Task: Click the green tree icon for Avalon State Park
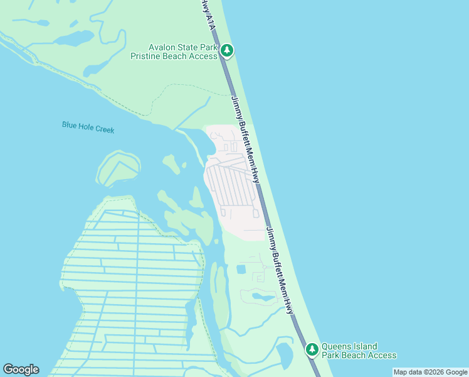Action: [x=226, y=51]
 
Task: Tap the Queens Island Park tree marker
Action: [x=312, y=349]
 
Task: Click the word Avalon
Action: [x=162, y=47]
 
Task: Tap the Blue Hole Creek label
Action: [x=88, y=127]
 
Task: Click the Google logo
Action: [x=21, y=369]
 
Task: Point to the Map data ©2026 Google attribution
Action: [x=430, y=372]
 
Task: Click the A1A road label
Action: [x=211, y=21]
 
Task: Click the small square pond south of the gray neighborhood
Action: [x=241, y=269]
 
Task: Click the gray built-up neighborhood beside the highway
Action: [x=232, y=185]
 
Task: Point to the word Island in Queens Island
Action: [x=367, y=346]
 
